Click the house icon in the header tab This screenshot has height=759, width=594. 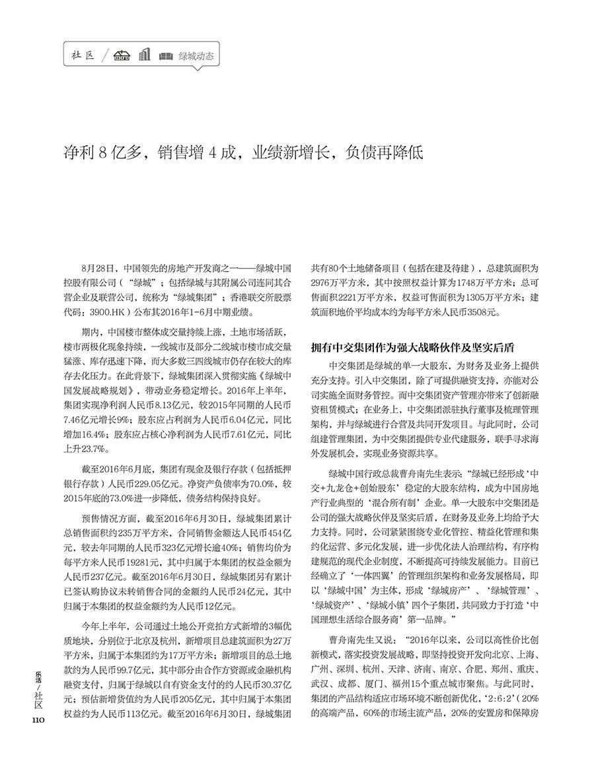[120, 56]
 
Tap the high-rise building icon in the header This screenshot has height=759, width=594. [145, 55]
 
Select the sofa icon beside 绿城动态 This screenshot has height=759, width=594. [166, 56]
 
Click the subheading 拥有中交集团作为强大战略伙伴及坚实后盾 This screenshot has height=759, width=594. [413, 347]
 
